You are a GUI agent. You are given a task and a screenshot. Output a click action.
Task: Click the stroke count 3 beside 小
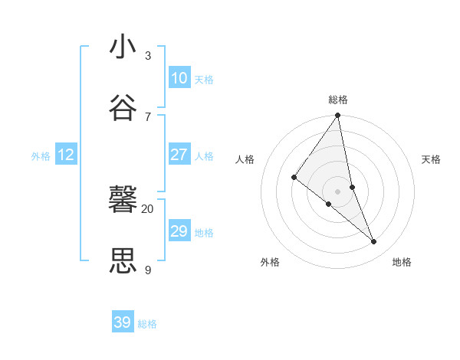tap(148, 56)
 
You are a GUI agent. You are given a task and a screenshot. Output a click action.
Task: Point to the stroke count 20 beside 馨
tap(147, 208)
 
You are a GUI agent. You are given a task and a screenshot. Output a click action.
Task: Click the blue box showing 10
tap(179, 78)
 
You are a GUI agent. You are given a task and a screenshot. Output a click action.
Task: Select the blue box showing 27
tap(179, 155)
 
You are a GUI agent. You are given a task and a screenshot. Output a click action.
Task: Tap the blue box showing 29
tap(179, 231)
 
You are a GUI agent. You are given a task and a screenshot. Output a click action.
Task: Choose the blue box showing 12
tap(66, 155)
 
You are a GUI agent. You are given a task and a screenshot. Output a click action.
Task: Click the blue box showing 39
tap(123, 322)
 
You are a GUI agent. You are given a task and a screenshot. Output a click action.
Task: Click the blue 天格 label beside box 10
tap(204, 80)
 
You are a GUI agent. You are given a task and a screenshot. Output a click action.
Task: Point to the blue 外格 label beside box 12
tap(41, 156)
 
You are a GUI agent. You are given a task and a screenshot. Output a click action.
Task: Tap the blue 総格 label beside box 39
tap(147, 324)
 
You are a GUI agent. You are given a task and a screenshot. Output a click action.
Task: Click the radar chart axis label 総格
tap(338, 100)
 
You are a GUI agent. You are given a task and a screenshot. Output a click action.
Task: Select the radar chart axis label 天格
tap(432, 159)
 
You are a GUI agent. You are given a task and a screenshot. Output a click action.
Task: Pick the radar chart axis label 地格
tap(402, 262)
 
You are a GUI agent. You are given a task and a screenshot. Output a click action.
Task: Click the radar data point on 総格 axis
tap(337, 116)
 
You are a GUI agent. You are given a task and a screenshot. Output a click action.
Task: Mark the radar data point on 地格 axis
tap(373, 241)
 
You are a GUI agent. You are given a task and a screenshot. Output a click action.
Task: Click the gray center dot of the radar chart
tap(337, 191)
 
